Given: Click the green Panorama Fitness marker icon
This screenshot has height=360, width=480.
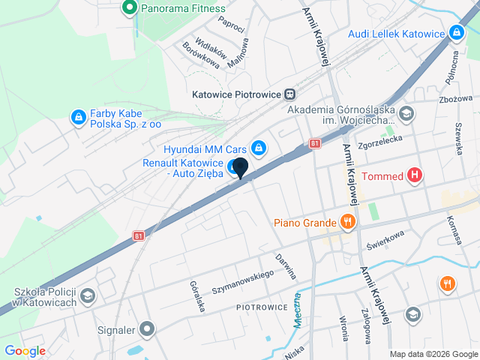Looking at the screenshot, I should click(128, 8).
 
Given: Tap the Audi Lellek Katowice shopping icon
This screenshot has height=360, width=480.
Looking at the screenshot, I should click(455, 33).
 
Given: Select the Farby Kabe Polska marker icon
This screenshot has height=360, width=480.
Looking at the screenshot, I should click(78, 117).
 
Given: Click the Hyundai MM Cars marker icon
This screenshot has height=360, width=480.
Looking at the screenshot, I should click(259, 147).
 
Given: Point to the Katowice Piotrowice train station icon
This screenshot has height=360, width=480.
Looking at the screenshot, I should click(289, 94).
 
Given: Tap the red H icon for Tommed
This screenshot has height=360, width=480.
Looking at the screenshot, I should click(415, 177).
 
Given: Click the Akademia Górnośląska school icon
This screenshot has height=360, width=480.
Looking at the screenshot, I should click(406, 115).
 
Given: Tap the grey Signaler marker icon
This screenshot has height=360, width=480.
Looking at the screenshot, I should click(147, 328).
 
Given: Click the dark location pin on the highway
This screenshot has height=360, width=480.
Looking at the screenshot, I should click(239, 168).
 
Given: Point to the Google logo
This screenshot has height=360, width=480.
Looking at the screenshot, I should click(25, 350).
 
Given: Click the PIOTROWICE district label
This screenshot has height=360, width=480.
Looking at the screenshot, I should click(262, 307).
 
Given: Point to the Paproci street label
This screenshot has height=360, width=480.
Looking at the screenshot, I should click(232, 23).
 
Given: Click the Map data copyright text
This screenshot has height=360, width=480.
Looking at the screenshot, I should click(433, 354).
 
